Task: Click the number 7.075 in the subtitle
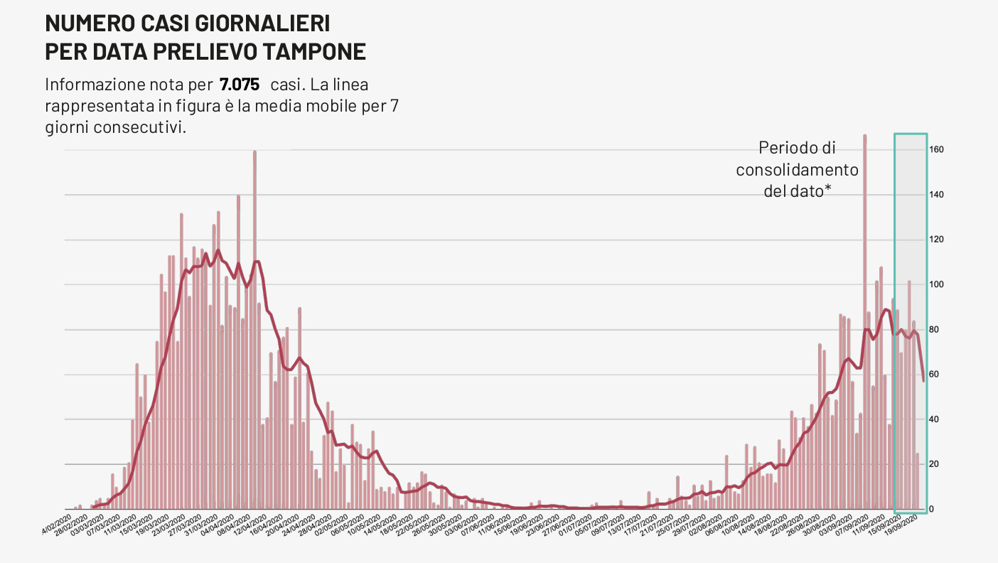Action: [x=240, y=85]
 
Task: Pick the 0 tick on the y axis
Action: [x=931, y=510]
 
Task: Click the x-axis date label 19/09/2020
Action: [x=908, y=527]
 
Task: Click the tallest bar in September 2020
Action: [x=865, y=284]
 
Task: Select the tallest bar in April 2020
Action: [x=254, y=284]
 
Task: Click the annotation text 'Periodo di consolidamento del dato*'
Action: [x=797, y=170]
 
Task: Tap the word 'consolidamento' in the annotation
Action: [x=797, y=171]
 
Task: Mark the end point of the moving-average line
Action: [x=923, y=381]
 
